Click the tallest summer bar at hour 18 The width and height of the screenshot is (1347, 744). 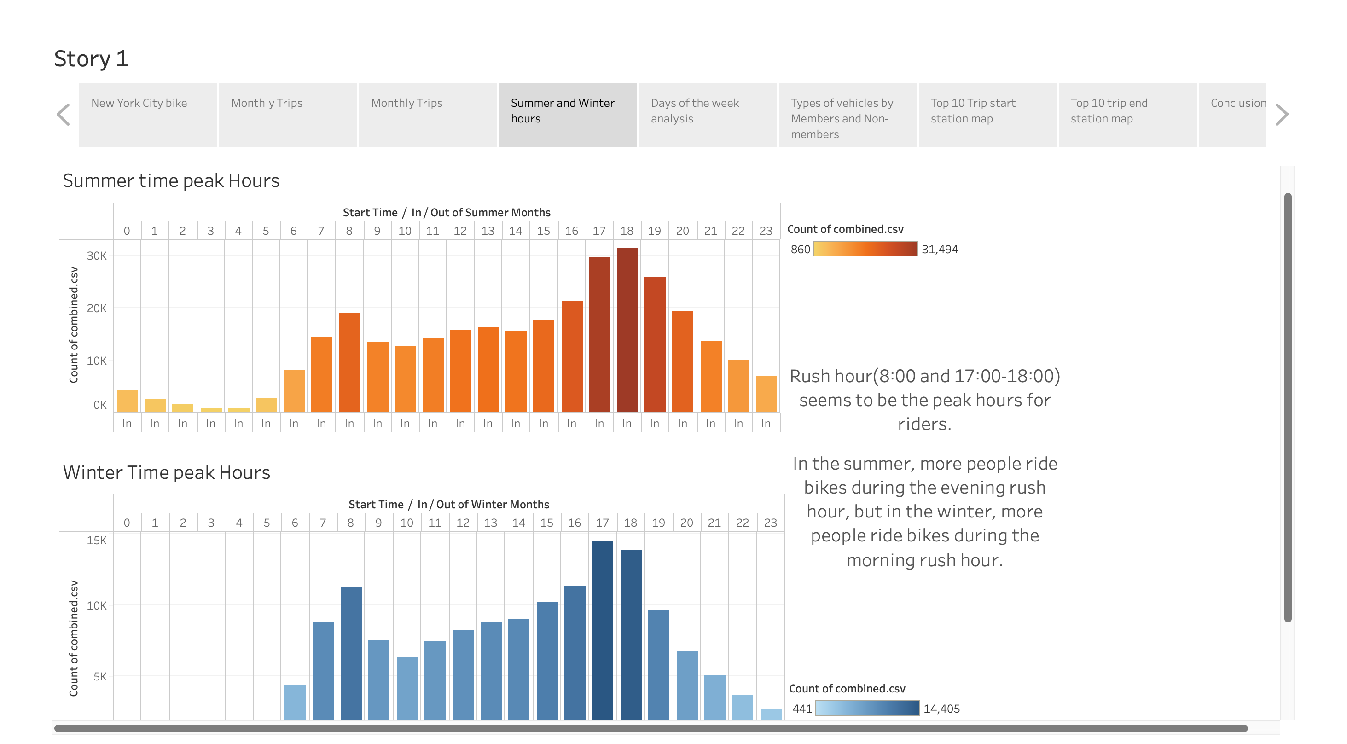click(x=627, y=329)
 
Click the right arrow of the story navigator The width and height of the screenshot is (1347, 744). click(x=1281, y=115)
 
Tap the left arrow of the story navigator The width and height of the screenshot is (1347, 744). click(x=63, y=115)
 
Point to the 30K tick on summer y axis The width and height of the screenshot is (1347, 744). click(x=96, y=256)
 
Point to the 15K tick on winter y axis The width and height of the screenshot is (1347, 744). click(x=96, y=540)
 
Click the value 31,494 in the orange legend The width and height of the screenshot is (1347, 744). click(x=940, y=250)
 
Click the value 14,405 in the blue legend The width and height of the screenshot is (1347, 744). click(x=941, y=709)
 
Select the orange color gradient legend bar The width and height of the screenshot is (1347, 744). click(x=865, y=249)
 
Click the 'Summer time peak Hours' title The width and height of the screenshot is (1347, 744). click(x=171, y=181)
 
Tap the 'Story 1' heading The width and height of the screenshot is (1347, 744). click(x=91, y=58)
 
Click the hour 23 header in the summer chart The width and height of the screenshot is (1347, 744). click(x=766, y=231)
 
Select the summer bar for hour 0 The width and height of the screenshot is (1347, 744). click(x=127, y=401)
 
